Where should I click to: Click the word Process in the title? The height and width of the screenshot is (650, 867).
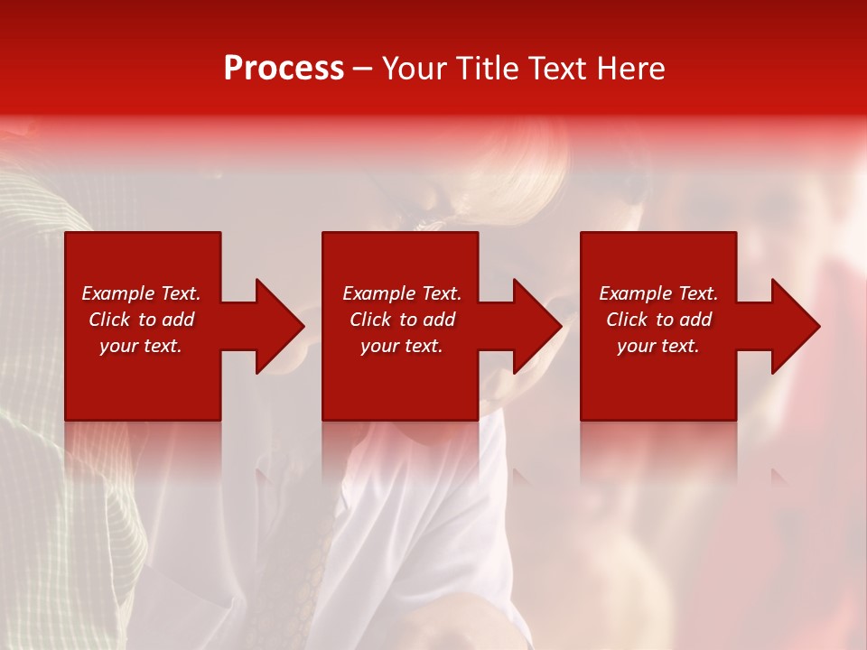284,69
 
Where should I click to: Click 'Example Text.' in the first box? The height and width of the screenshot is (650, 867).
141,293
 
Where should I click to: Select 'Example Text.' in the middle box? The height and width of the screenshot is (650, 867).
402,293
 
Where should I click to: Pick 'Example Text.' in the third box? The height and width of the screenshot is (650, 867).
658,293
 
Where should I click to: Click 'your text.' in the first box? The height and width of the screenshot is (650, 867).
141,346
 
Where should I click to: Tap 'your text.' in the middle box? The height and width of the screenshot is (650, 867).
402,346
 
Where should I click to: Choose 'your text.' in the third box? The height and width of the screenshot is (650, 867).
658,346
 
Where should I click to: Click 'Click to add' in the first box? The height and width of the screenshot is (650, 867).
141,320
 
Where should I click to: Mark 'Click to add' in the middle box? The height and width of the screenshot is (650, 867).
402,320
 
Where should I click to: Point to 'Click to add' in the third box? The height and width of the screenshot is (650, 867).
658,320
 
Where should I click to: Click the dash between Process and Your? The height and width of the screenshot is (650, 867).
362,69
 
